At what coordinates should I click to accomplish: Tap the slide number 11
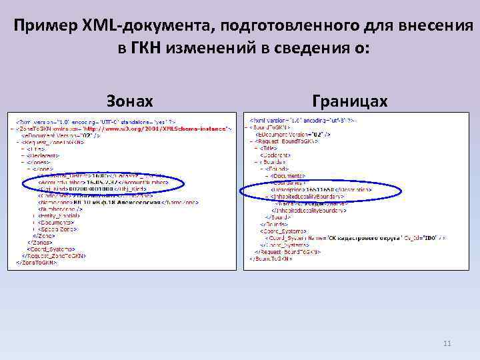point(447,343)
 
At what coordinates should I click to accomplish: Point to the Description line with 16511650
point(316,189)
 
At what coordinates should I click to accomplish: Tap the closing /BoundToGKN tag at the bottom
point(273,258)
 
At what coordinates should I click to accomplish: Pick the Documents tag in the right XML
point(297,175)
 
